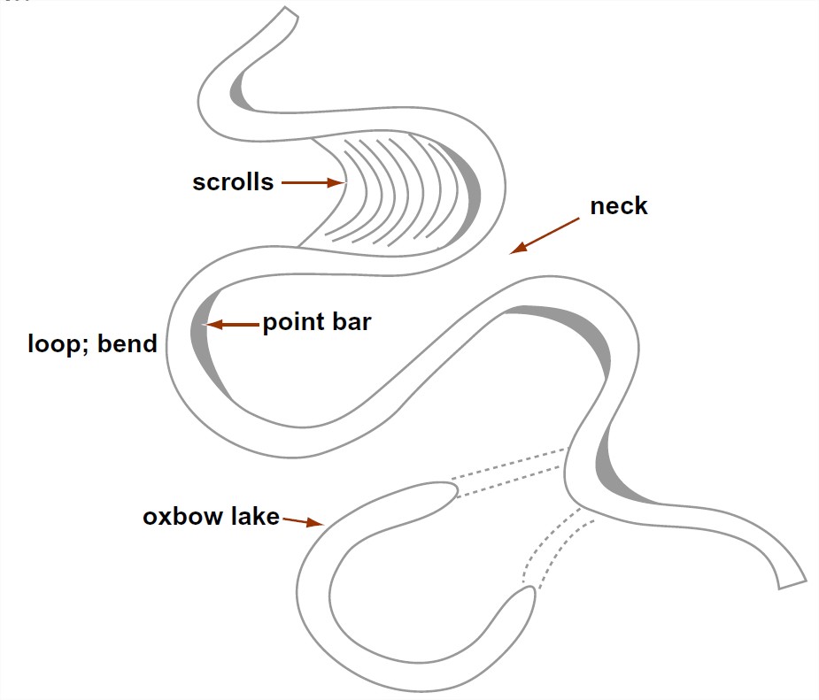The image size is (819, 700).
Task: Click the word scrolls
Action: tap(233, 183)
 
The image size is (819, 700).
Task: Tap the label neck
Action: tap(619, 207)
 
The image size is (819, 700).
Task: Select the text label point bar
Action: tap(316, 323)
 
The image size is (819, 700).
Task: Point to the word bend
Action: tap(128, 343)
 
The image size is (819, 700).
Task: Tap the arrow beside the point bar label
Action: tap(232, 325)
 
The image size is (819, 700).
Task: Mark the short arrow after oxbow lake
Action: tap(303, 522)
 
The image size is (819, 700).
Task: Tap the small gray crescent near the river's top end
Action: tap(240, 91)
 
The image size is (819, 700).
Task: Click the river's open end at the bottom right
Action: tap(792, 579)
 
